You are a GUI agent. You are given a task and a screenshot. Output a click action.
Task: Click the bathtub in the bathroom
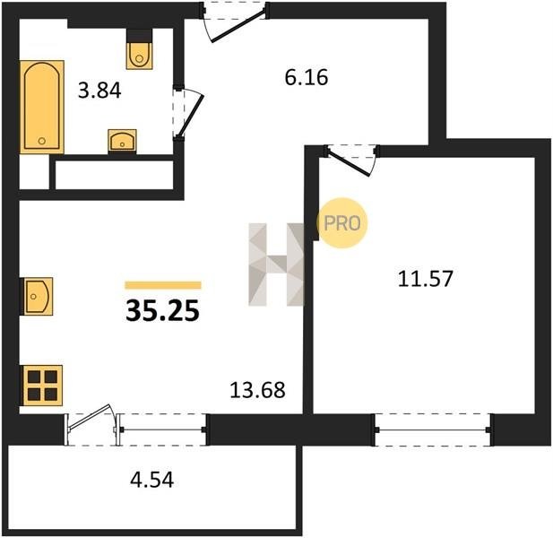(x=42, y=107)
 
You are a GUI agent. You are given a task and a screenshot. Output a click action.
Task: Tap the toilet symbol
(x=139, y=56)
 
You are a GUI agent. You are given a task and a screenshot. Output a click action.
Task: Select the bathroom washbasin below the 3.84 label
(x=122, y=141)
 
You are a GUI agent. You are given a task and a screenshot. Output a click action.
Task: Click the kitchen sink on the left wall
(x=38, y=296)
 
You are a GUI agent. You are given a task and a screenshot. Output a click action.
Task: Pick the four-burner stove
(x=43, y=386)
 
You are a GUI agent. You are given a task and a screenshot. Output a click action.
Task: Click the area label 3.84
(x=99, y=91)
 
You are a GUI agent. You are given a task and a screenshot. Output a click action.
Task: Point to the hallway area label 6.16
(x=307, y=78)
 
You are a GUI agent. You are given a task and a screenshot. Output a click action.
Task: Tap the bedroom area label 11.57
(x=425, y=278)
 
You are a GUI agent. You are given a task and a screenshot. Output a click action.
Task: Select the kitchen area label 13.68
(x=257, y=390)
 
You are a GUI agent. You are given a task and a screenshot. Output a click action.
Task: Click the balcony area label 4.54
(x=152, y=480)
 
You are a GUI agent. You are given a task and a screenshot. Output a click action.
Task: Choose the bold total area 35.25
(x=162, y=311)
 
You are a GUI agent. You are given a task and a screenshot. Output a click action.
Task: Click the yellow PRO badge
(x=341, y=223)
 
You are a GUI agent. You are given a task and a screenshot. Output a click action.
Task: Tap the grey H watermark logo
(x=276, y=265)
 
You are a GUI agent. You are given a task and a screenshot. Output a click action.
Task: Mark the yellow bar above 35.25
(x=163, y=285)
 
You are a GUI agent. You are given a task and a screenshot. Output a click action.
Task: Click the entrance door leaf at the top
(x=238, y=27)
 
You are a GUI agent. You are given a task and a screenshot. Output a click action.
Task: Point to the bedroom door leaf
(x=349, y=162)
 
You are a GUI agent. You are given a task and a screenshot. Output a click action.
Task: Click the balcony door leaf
(x=90, y=417)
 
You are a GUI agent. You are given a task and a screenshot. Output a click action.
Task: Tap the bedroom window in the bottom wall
(x=433, y=430)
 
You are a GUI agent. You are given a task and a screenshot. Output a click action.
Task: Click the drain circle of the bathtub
(x=42, y=141)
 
